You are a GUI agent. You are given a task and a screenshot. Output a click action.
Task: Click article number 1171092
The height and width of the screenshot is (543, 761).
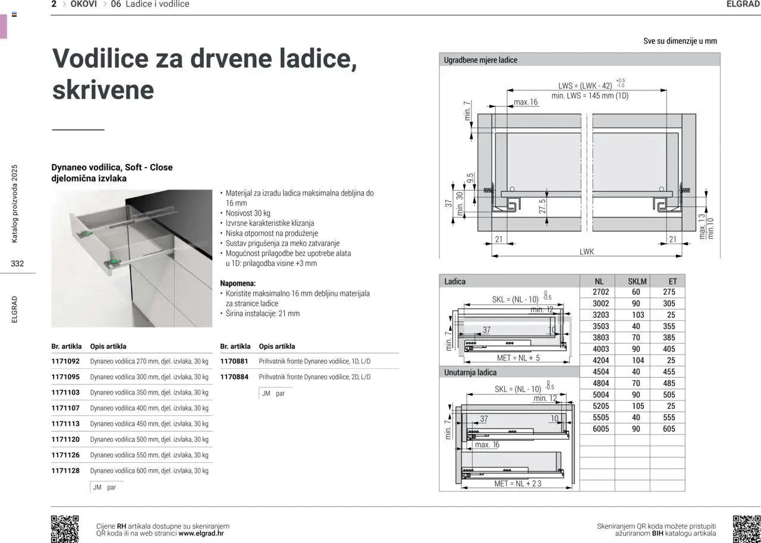[x=65, y=361]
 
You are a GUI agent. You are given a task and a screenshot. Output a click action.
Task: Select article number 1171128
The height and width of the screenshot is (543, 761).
[x=65, y=471]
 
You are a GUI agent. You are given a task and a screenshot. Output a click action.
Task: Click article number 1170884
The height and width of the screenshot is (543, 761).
[x=234, y=377]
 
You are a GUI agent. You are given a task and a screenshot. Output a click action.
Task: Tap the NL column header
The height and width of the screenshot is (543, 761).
[x=599, y=281]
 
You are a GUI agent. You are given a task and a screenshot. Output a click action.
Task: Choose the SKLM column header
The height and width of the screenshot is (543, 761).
[x=637, y=281]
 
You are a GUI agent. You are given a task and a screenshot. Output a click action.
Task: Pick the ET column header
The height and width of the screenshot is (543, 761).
[x=672, y=281]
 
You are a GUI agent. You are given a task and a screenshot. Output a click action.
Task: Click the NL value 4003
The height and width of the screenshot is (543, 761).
[x=600, y=349]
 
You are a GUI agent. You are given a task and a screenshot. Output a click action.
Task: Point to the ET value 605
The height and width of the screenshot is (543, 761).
[x=669, y=429]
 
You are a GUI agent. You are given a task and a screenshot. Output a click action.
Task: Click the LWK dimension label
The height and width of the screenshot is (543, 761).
[x=587, y=252]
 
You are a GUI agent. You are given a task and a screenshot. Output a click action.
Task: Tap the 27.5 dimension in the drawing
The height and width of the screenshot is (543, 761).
[x=543, y=206]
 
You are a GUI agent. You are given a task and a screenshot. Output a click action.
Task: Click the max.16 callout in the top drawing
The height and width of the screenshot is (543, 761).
[x=526, y=102]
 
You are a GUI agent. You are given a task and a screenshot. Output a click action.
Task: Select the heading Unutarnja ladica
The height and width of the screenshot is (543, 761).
[x=470, y=372]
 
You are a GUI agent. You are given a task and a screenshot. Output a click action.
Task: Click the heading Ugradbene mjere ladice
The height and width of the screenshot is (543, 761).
[x=480, y=60]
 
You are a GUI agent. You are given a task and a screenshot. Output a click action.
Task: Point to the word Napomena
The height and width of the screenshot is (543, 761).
[x=237, y=283]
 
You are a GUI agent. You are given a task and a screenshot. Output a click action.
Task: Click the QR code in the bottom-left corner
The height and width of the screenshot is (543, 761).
[x=65, y=528]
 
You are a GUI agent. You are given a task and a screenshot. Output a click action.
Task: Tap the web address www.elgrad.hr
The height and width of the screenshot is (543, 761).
[x=201, y=533]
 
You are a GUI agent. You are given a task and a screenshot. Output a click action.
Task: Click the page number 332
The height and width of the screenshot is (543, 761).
[x=17, y=264]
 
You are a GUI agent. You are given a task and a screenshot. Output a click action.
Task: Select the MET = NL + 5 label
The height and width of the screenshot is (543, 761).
[x=518, y=358]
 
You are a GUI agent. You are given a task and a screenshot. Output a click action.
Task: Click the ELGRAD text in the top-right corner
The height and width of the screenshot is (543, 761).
[x=743, y=4]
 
